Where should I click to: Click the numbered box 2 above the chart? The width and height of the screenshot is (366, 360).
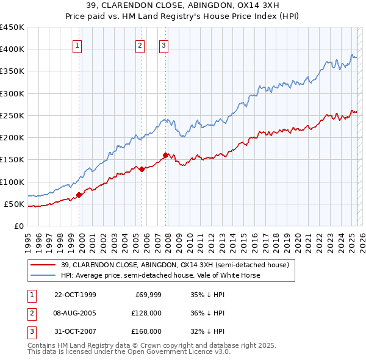140,45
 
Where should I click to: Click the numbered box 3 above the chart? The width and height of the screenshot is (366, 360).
164,45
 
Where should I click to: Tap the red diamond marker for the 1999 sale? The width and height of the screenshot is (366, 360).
79,195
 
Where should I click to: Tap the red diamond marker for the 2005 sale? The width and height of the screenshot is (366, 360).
142,169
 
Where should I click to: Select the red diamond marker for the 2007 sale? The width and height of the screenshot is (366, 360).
165,155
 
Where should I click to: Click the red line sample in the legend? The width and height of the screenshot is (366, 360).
43,265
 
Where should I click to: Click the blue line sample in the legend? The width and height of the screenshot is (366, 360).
43,275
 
